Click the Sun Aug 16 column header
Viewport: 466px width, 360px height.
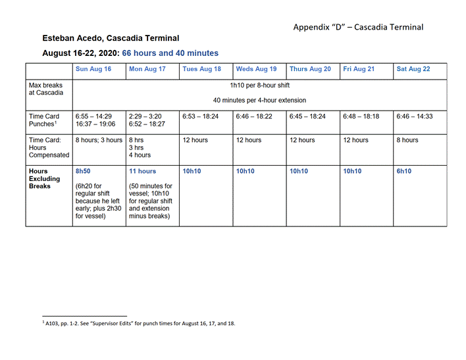pyautogui.click(x=93, y=69)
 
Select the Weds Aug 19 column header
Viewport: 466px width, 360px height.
pyautogui.click(x=256, y=69)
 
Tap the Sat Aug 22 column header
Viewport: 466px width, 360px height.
pyautogui.click(x=413, y=69)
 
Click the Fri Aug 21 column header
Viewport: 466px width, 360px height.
pyautogui.click(x=359, y=69)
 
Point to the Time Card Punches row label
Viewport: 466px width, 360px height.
pyautogui.click(x=44, y=120)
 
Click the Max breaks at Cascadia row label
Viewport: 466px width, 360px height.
pyautogui.click(x=46, y=89)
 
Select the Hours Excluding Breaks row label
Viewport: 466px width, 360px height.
pyautogui.click(x=44, y=178)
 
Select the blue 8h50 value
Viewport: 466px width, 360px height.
pyautogui.click(x=83, y=171)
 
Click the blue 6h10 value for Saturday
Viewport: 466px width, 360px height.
pyautogui.click(x=404, y=171)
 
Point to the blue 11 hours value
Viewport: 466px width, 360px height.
pyautogui.click(x=143, y=171)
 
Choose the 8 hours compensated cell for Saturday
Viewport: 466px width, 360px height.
pyautogui.click(x=407, y=140)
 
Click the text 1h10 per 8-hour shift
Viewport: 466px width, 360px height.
pyautogui.click(x=259, y=86)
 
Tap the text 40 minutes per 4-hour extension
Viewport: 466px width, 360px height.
pyautogui.click(x=259, y=101)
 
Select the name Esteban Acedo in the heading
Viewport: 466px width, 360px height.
pyautogui.click(x=72, y=38)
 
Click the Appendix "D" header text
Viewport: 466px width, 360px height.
pyautogui.click(x=358, y=27)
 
